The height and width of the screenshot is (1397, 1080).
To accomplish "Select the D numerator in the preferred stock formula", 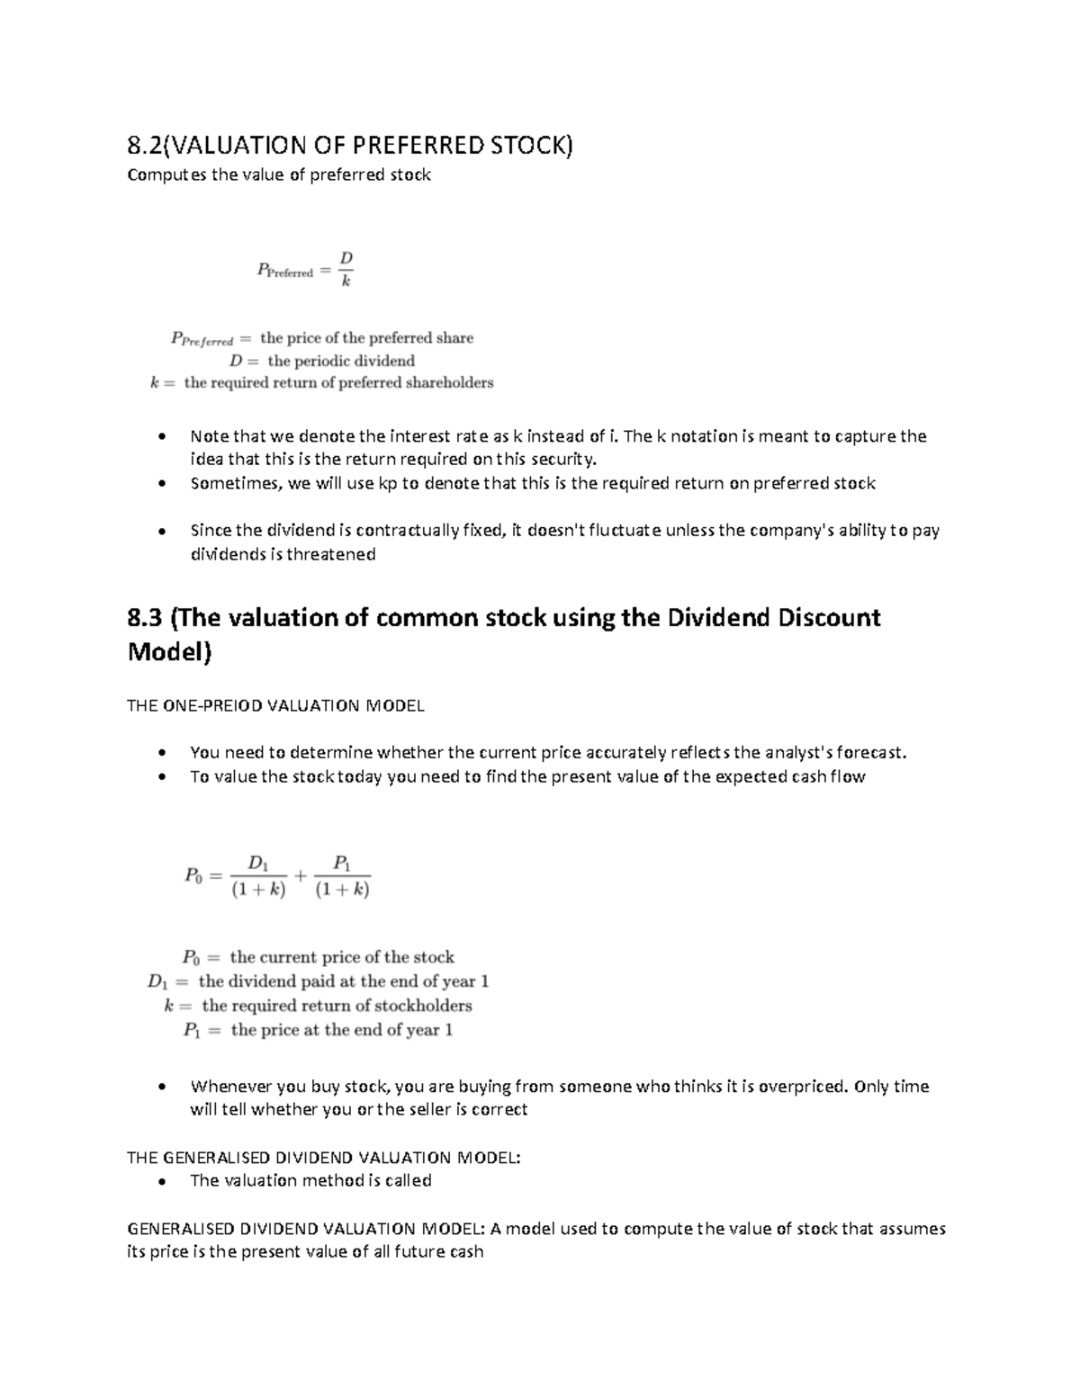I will [x=346, y=259].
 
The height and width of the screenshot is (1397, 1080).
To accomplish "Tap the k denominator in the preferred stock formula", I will [x=346, y=282].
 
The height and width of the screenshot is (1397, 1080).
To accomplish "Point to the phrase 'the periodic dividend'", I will [x=341, y=361].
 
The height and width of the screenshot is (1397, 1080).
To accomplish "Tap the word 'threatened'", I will [x=329, y=554].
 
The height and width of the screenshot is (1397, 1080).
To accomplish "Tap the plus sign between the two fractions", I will [x=301, y=875].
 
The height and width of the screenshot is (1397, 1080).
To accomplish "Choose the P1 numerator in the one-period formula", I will [x=342, y=863].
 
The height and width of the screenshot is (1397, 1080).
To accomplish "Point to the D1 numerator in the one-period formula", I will [x=258, y=863].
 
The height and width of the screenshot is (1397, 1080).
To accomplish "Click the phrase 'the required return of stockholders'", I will [x=337, y=1005].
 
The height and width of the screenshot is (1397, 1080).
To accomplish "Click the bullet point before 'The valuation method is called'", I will [x=161, y=1181].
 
